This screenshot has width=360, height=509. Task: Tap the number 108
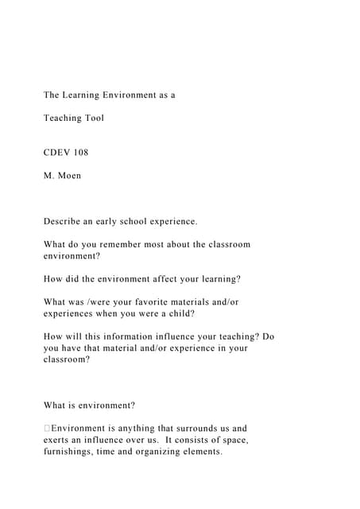pyautogui.click(x=79, y=152)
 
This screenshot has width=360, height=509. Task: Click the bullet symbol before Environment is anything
pyautogui.click(x=47, y=429)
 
